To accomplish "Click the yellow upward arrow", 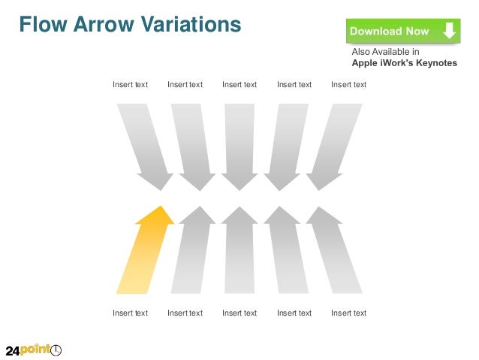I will pos(146,252).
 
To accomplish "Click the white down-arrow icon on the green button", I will pos(448,31).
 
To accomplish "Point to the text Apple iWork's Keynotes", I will pos(404,63).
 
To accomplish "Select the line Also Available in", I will pos(386,52).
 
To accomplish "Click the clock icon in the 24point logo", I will pos(56,350).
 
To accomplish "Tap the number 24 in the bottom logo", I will pos(13,351).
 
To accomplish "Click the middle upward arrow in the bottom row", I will pos(239,252).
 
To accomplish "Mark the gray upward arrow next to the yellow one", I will pos(193,252).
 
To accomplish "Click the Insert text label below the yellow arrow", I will pos(130,313).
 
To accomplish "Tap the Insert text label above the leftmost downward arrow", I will pos(130,85).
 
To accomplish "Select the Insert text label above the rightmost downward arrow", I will pos(348,85).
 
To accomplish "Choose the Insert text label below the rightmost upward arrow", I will pos(348,313).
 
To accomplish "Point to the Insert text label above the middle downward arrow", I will pos(239,85).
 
